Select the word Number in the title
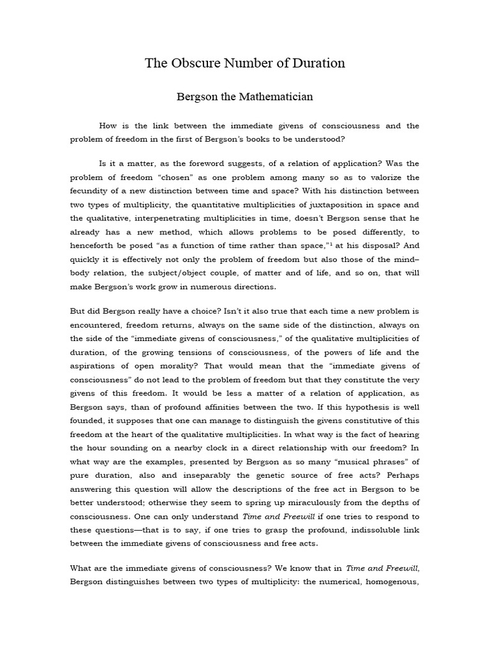pos(249,63)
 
